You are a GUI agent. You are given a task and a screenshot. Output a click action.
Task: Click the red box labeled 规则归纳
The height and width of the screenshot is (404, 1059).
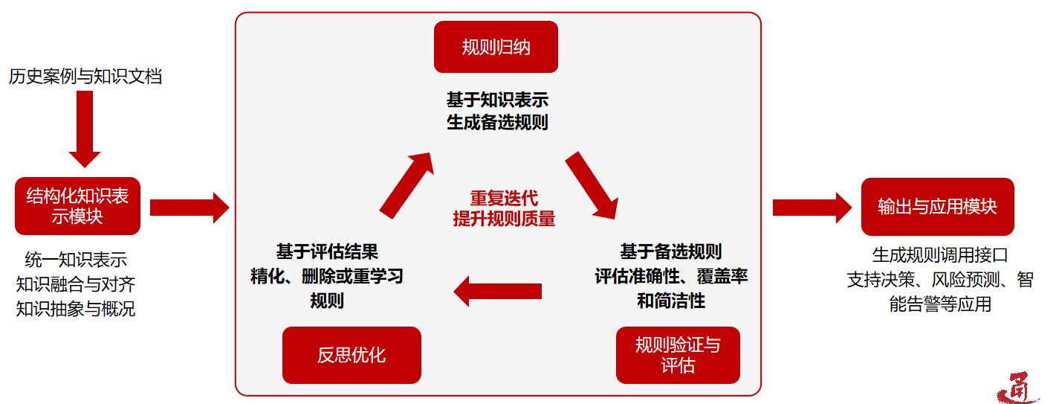(x=496, y=47)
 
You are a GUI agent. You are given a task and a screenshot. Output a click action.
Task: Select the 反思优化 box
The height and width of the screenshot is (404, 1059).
(x=352, y=355)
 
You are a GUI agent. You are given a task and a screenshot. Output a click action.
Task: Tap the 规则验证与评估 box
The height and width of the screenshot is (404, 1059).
(x=678, y=355)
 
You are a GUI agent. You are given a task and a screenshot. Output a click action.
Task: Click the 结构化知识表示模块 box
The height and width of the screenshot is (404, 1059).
(x=77, y=206)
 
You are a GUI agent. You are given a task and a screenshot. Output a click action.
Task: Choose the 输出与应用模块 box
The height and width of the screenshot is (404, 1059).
(x=937, y=206)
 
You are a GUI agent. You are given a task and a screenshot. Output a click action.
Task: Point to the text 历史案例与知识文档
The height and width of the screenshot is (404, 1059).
(x=85, y=76)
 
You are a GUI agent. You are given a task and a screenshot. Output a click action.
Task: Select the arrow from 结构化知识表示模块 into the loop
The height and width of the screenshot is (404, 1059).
(x=190, y=208)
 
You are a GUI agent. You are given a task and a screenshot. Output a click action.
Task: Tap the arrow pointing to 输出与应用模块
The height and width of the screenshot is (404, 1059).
(x=812, y=208)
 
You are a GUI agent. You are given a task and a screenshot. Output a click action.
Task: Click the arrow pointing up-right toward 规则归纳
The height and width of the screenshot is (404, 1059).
(x=406, y=185)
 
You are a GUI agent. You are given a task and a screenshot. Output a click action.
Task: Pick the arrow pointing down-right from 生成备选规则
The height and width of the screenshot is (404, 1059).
(x=592, y=186)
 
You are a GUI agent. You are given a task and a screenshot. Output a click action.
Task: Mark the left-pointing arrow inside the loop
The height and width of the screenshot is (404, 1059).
(x=497, y=290)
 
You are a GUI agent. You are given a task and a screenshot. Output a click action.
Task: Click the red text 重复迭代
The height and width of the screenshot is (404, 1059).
(x=504, y=199)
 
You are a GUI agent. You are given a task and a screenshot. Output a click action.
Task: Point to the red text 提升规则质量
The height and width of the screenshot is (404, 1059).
(x=504, y=219)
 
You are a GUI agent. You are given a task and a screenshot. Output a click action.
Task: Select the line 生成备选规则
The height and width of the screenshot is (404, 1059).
(x=497, y=122)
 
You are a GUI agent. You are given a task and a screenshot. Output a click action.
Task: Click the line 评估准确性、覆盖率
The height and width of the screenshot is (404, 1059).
(x=671, y=276)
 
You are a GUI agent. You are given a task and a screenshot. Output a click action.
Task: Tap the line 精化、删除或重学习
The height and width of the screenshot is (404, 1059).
(x=327, y=276)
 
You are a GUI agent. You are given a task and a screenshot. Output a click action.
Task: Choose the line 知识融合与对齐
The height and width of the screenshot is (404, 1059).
(x=76, y=283)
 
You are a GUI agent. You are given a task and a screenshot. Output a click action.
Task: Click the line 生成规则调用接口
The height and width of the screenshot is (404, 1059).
(x=940, y=255)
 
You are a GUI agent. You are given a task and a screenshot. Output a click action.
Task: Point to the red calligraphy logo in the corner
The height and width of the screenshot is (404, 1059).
(x=1017, y=387)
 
